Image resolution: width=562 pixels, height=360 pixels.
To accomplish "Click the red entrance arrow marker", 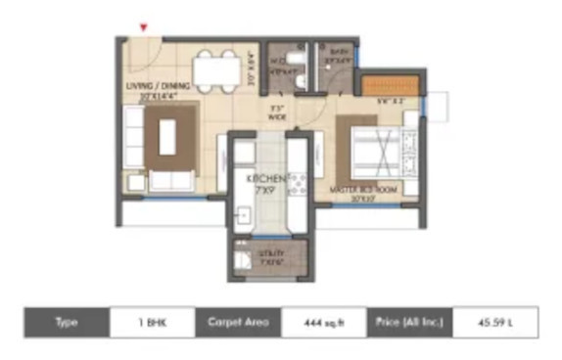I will point(146,28).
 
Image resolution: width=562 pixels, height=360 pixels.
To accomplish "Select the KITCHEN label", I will point(265,183).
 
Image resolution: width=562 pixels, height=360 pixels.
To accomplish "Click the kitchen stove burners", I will point(297,181).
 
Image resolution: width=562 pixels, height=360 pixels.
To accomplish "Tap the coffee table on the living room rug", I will point(167,139).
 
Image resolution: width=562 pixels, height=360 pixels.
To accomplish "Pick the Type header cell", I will point(67,321).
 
